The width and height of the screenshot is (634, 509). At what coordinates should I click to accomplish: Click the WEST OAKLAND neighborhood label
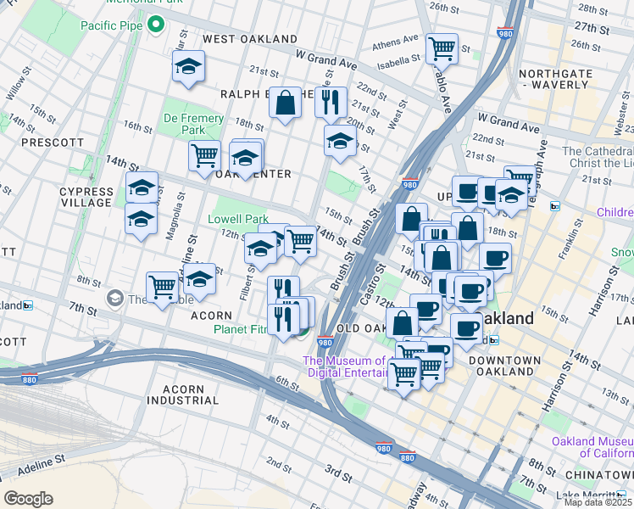pos(249,39)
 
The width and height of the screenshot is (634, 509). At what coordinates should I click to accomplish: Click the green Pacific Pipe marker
pos(155,25)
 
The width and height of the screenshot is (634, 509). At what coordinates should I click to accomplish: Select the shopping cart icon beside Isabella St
pos(442,49)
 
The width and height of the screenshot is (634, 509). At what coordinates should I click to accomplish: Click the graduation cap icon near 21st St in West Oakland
pos(188,68)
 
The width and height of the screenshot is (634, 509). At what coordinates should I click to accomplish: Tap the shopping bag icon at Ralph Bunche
pos(286,103)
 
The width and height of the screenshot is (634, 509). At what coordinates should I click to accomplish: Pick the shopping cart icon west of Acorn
pos(161,287)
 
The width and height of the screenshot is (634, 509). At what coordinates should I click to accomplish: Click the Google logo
pos(28,498)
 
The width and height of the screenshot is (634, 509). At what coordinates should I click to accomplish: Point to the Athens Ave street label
pos(395,40)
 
